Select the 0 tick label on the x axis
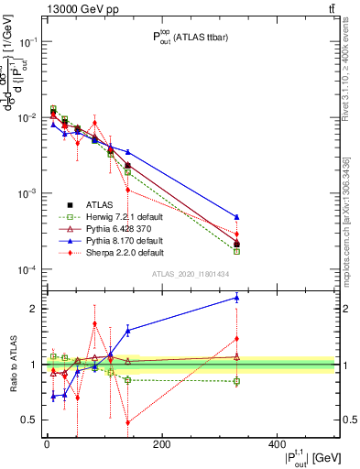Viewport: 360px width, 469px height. coord(47,444)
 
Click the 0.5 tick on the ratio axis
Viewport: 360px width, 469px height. coord(27,420)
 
